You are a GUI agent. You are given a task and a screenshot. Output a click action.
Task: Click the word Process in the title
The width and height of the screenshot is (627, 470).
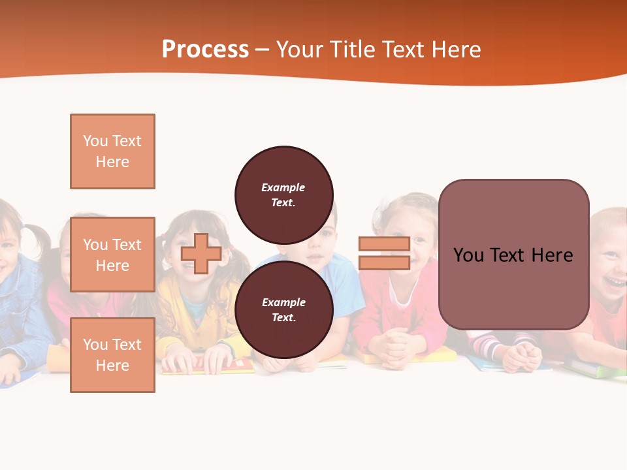(x=205, y=49)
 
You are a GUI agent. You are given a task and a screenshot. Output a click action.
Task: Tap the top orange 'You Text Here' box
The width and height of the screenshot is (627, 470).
(x=112, y=151)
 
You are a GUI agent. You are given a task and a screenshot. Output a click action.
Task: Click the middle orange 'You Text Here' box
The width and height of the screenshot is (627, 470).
(x=112, y=255)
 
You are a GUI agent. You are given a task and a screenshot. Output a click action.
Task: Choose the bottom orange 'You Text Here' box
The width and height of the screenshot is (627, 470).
(x=112, y=355)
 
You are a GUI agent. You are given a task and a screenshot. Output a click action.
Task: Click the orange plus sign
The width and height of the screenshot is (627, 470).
(x=201, y=253)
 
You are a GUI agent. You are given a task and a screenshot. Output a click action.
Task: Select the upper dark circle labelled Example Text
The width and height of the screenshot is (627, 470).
(x=283, y=195)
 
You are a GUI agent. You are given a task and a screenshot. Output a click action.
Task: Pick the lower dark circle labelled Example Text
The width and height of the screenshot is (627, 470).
(x=283, y=309)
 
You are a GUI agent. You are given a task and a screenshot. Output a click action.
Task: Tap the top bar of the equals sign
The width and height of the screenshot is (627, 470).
(x=384, y=244)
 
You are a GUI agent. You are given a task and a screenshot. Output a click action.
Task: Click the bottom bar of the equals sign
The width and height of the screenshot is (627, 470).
(x=384, y=262)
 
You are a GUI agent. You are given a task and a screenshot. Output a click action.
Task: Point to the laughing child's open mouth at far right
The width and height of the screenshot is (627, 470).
(x=614, y=281)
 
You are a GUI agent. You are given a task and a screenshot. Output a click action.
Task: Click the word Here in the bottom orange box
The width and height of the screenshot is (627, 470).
(x=112, y=366)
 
